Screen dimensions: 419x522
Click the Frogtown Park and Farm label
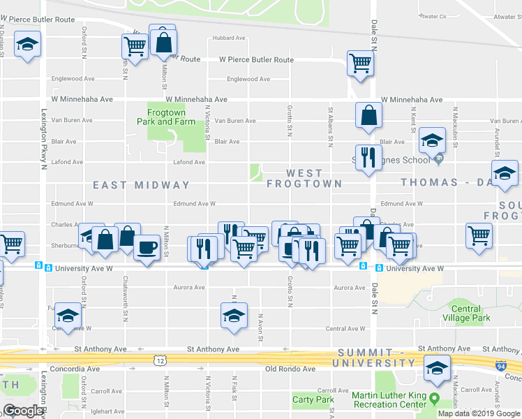[165, 117]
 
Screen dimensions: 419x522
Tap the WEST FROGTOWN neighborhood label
[304, 178]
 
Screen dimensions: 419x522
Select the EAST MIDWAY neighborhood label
[142, 185]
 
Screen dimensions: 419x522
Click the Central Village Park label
[465, 313]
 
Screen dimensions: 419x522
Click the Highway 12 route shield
[160, 359]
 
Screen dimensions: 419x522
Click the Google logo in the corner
[24, 411]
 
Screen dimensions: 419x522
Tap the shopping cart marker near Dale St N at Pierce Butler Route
[360, 63]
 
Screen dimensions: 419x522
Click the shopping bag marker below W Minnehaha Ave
[368, 115]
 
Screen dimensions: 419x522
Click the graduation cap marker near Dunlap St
[27, 45]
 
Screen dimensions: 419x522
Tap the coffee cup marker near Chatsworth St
[147, 248]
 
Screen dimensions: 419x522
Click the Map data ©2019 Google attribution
[479, 413]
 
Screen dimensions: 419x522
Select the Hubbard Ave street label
[229, 38]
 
